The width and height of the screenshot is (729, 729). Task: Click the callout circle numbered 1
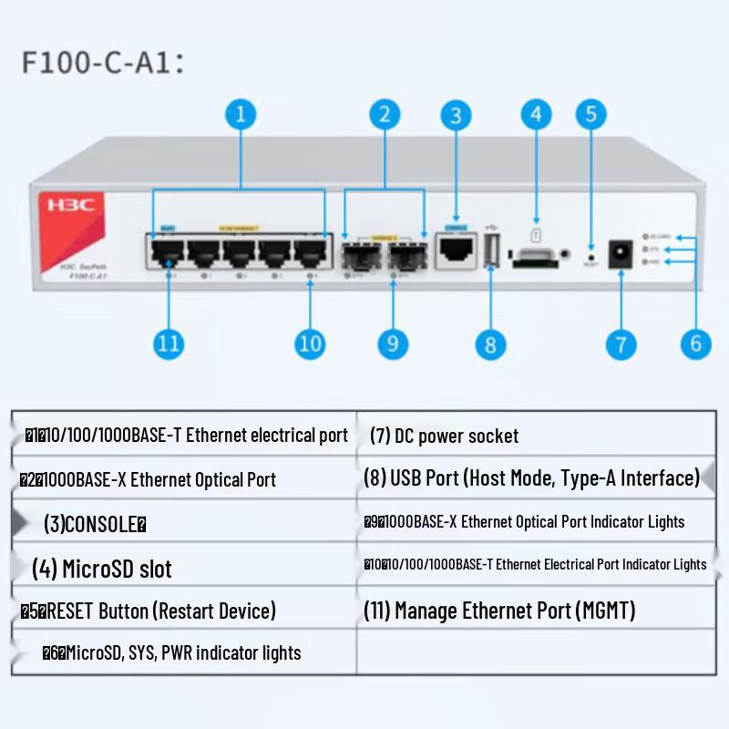click(241, 115)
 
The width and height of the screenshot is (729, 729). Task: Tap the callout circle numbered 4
click(536, 114)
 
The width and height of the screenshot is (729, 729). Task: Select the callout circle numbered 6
click(695, 344)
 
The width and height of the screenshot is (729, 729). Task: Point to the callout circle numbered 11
click(169, 344)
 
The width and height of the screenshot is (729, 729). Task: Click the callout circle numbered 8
click(490, 344)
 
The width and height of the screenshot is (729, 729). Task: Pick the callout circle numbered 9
click(393, 343)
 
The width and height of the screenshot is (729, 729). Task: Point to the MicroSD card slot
click(534, 259)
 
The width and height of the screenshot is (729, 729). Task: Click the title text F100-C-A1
click(103, 62)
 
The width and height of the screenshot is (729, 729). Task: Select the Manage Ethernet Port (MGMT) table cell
click(498, 610)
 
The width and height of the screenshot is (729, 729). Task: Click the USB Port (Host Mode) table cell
click(531, 477)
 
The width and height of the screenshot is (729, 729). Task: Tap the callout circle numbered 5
click(590, 114)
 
